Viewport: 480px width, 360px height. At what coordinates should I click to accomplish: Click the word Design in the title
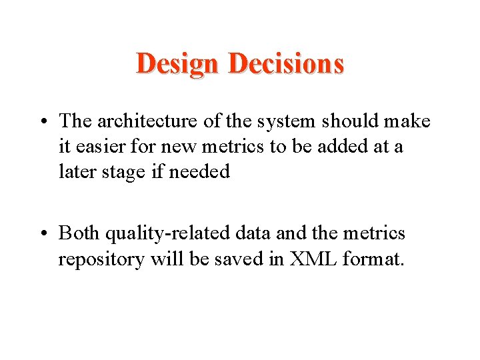tap(177, 64)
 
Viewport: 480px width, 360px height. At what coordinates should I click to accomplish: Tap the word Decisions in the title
tap(286, 64)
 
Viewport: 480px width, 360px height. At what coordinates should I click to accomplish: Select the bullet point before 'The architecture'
tap(47, 123)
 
